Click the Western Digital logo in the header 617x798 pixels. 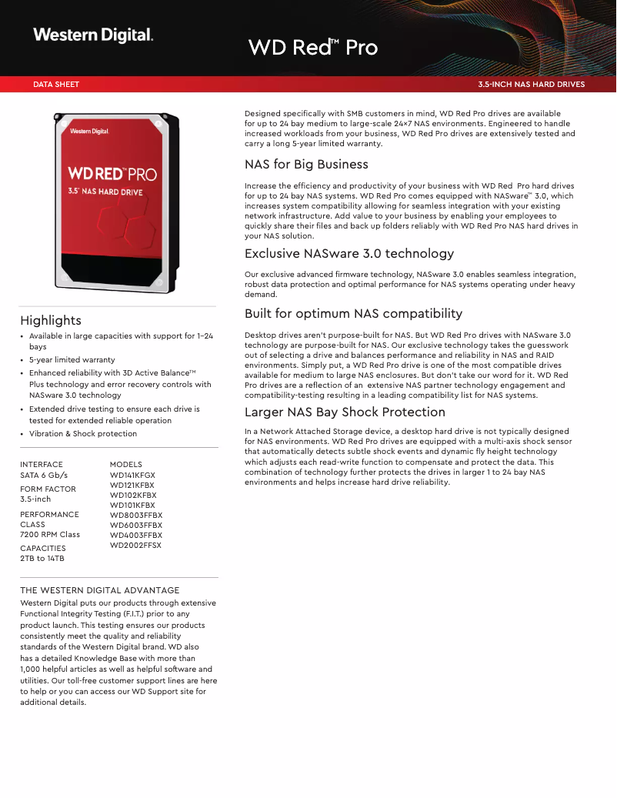click(93, 35)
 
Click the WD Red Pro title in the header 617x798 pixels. click(312, 48)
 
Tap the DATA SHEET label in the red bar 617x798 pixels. click(56, 85)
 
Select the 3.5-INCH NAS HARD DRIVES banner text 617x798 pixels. click(531, 85)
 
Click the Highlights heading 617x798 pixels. click(51, 320)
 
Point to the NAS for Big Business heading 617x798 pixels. click(306, 165)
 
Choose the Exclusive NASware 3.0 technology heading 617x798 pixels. click(349, 254)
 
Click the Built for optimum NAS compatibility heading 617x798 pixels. click(353, 314)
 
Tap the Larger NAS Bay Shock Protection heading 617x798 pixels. click(345, 412)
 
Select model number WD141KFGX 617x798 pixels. click(132, 476)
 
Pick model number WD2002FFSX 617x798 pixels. click(135, 545)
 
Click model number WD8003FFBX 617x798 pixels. click(136, 516)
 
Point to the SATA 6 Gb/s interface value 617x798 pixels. click(44, 476)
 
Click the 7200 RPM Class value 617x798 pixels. click(50, 534)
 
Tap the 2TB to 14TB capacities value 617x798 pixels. click(42, 558)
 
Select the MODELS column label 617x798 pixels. click(126, 465)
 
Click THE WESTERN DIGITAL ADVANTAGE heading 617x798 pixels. click(100, 590)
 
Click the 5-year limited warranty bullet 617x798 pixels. click(72, 359)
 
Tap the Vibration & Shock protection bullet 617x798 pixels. click(83, 434)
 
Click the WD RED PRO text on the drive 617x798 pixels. click(112, 174)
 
